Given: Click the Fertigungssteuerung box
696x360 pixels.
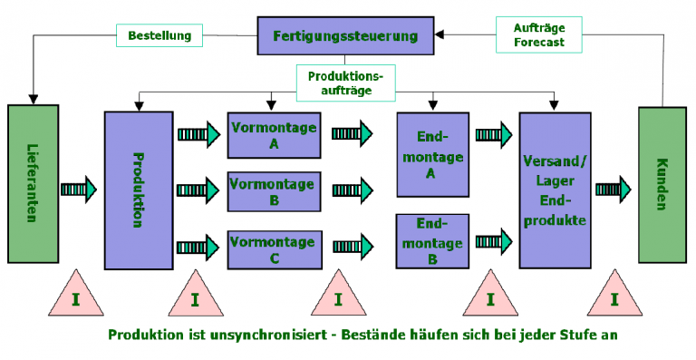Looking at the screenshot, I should [346, 37].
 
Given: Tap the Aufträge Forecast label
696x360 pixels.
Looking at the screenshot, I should [538, 34].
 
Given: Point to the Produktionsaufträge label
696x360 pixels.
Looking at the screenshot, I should [346, 83].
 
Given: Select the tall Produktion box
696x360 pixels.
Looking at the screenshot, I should [138, 190].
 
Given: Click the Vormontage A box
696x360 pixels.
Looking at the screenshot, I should [273, 134].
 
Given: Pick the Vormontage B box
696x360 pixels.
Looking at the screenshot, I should [273, 190].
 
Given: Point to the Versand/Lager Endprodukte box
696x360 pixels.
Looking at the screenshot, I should [556, 190].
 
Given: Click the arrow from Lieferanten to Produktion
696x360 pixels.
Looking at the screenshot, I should [80, 190].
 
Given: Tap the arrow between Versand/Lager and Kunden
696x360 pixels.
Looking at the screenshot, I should [614, 190].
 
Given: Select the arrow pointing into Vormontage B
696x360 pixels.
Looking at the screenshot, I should [198, 190].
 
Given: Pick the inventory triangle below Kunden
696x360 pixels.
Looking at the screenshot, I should [614, 297].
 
